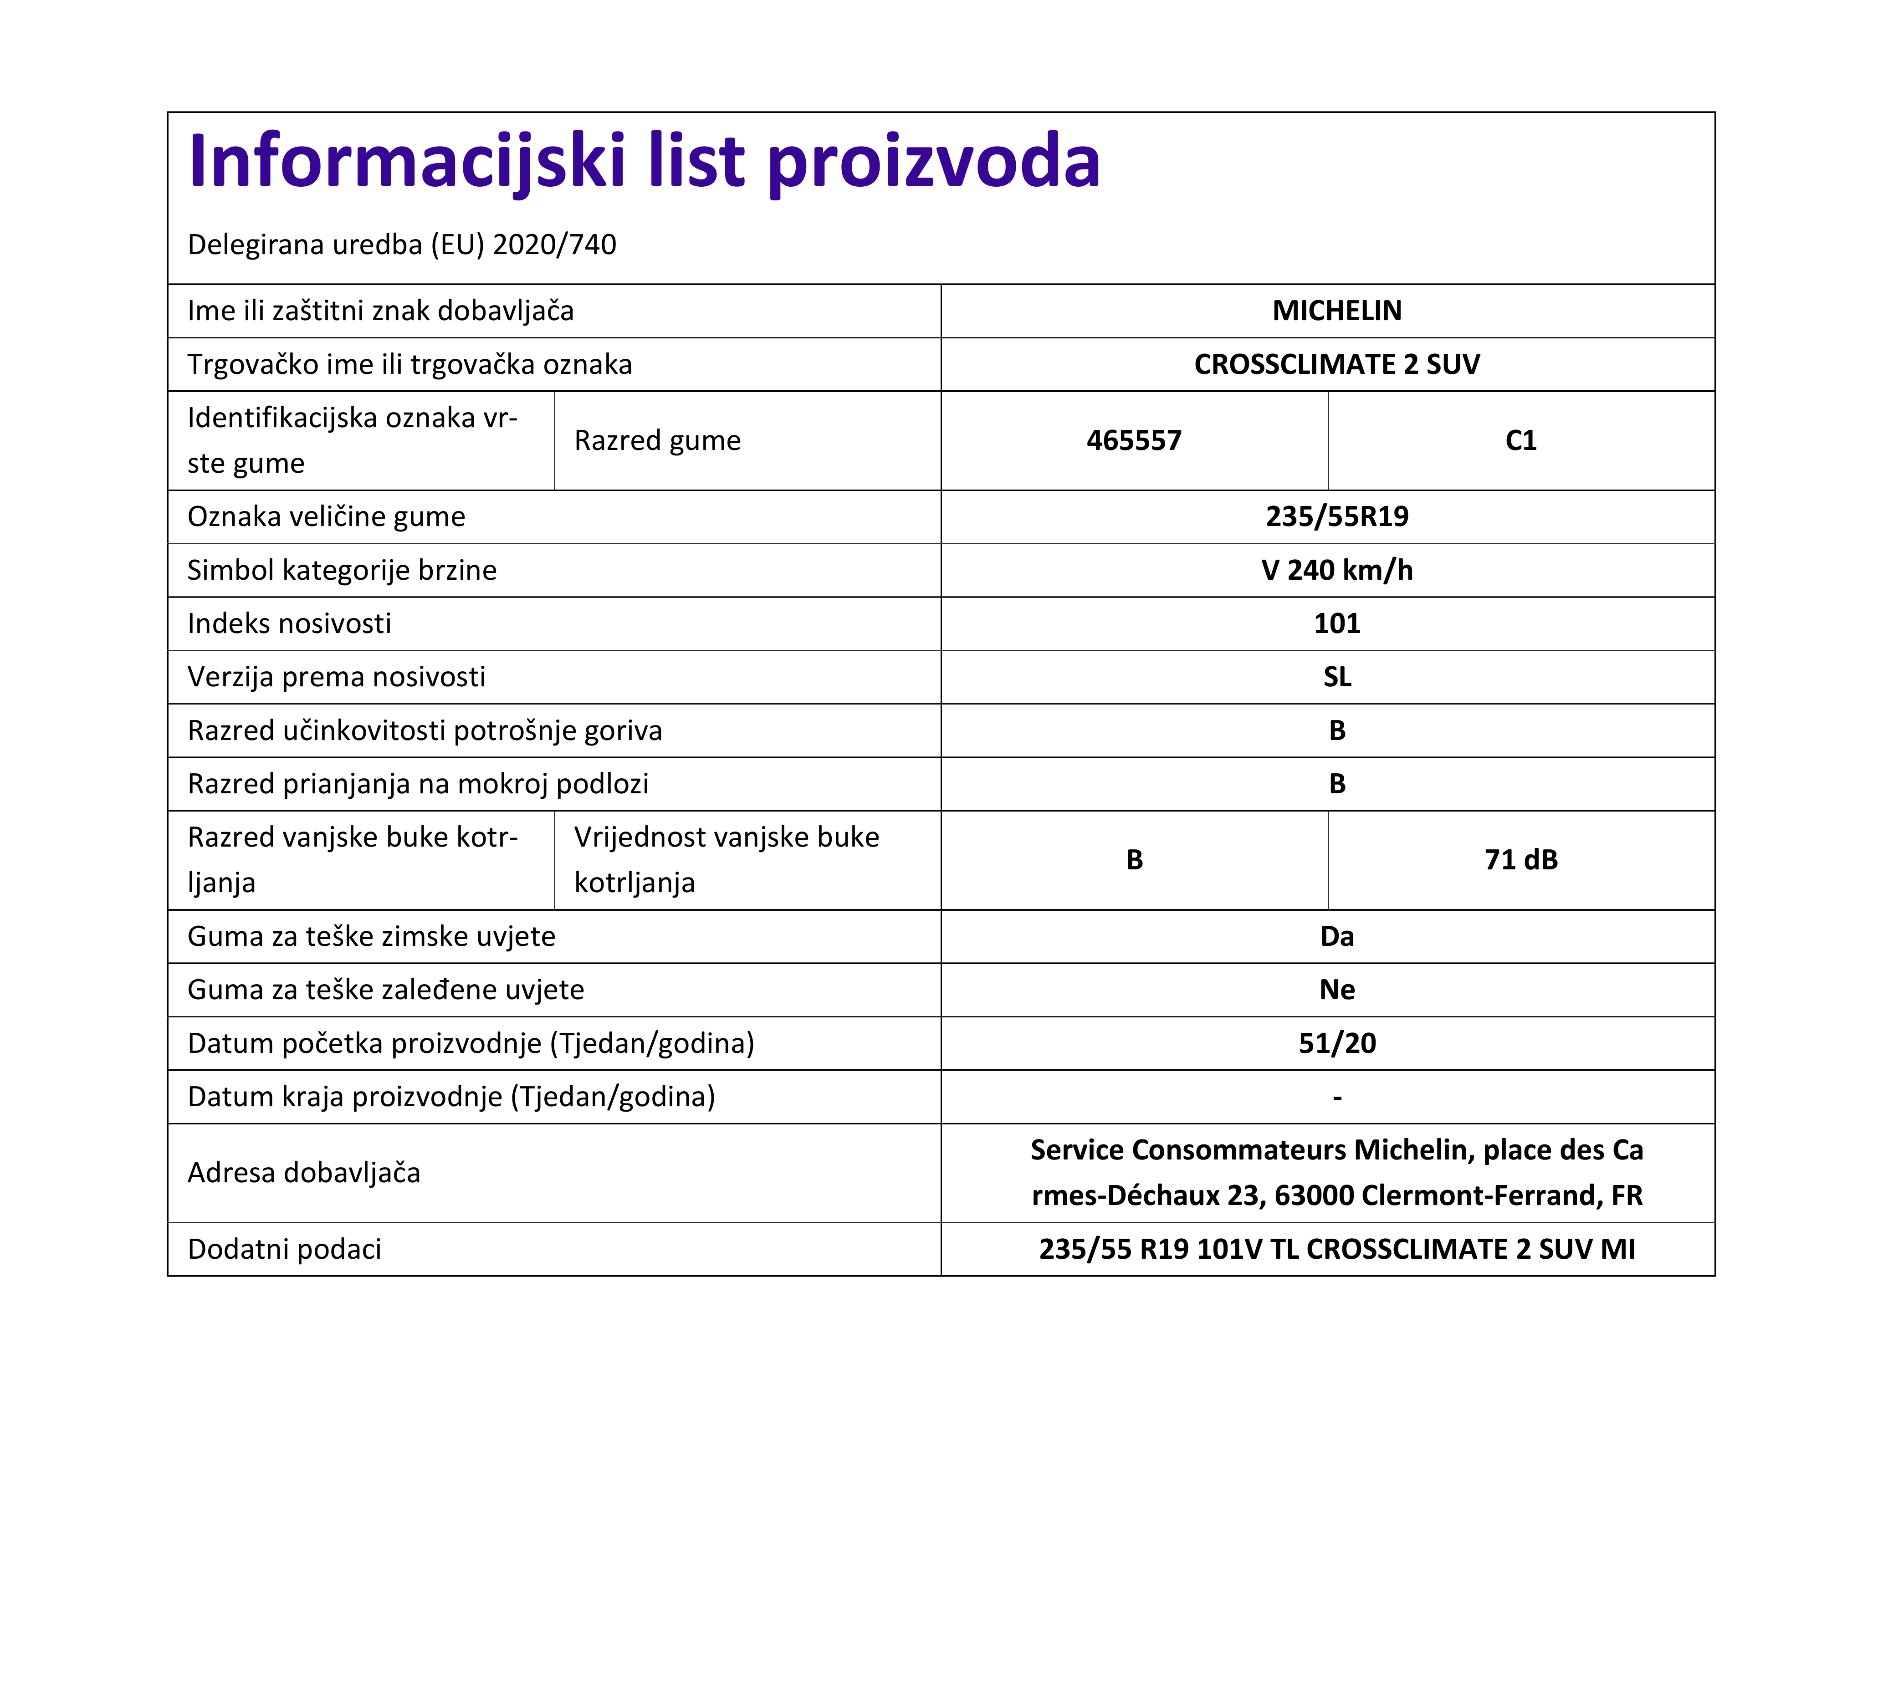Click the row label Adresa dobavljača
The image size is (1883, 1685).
tap(304, 1173)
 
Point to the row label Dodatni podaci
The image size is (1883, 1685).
tap(284, 1250)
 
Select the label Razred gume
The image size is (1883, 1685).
tap(657, 441)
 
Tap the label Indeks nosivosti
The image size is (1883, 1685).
tap(289, 624)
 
